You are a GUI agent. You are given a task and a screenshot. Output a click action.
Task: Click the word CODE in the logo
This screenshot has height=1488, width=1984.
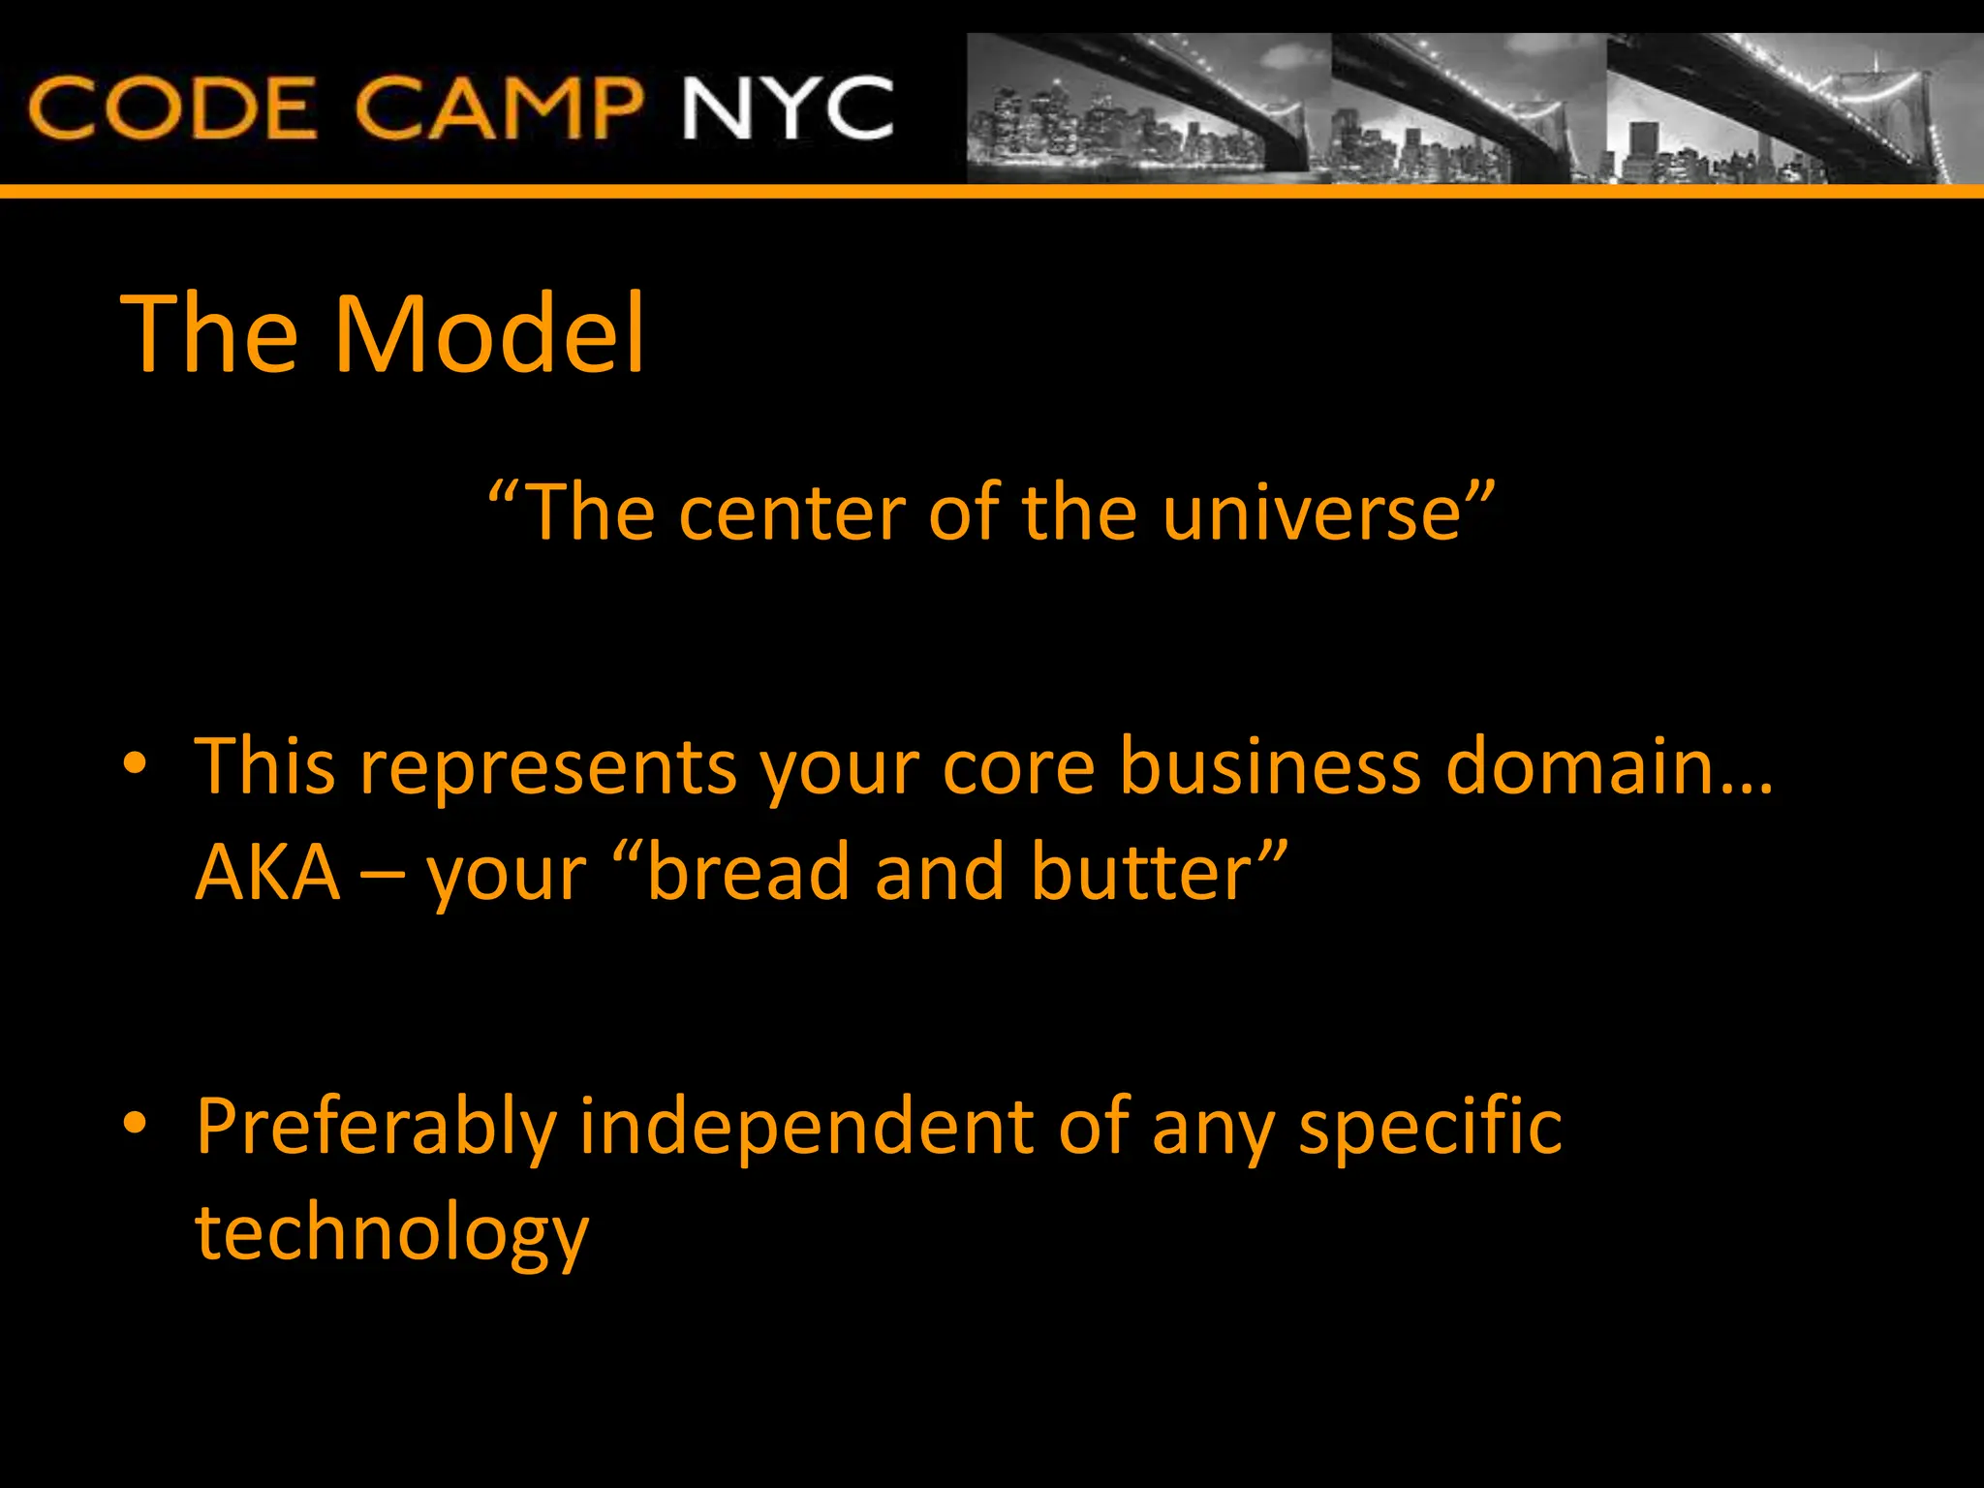[172, 108]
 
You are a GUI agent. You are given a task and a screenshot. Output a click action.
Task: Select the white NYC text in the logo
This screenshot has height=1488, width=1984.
[788, 108]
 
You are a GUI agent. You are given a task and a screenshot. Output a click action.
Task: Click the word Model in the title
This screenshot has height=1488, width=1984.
[489, 334]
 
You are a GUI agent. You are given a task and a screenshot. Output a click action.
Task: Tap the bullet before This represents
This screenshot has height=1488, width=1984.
[135, 764]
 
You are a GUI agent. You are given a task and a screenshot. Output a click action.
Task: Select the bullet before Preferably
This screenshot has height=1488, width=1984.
[135, 1124]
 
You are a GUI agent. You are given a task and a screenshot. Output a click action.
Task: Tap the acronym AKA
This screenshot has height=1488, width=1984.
[268, 872]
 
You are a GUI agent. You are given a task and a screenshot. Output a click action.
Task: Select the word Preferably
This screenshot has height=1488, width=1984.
[376, 1129]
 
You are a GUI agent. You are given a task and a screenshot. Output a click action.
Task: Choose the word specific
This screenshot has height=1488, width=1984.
[1430, 1129]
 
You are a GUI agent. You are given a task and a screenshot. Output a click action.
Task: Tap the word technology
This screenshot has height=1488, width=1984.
[391, 1235]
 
